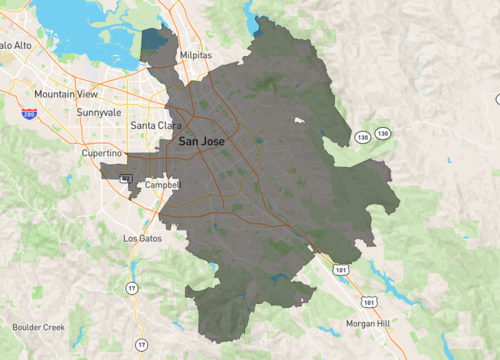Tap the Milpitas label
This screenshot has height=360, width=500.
[x=196, y=56]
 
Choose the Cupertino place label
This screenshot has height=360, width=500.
[x=103, y=153]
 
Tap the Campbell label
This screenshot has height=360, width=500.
[x=161, y=185]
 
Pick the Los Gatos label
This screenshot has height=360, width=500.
[x=141, y=239]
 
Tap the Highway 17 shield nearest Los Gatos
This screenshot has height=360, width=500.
[x=131, y=288]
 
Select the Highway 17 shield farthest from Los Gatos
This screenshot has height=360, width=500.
[x=141, y=345]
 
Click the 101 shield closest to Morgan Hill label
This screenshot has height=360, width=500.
[x=370, y=300]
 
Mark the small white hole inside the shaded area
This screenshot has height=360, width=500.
[x=298, y=121]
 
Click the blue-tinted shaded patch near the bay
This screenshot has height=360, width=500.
[x=154, y=42]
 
